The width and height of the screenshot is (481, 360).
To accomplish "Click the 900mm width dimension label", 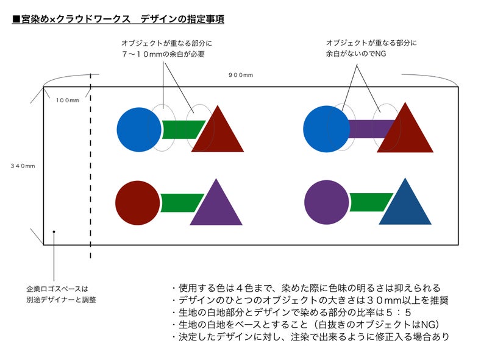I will point(240,75).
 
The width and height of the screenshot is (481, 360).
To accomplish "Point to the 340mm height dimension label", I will point(23,166).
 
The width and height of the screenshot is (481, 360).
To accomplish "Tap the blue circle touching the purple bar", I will point(327,129).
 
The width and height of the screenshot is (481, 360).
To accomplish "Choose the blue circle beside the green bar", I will point(139,129).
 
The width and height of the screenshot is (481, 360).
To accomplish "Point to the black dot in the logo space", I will point(54,232).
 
